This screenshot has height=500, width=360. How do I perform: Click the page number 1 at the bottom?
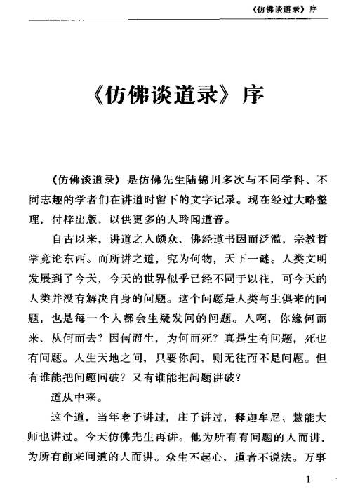pos(308,482)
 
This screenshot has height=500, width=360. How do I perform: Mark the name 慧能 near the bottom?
pos(309,419)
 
